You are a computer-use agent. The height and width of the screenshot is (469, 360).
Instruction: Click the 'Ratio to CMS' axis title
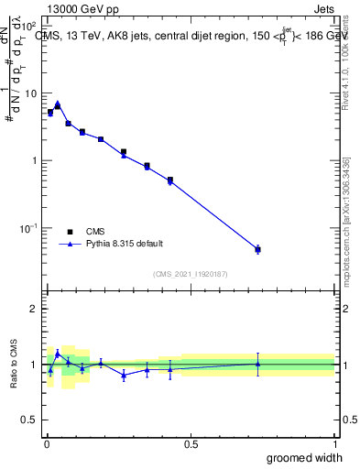tap(14, 364)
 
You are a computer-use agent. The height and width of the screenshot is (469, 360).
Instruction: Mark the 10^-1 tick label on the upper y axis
tap(27, 227)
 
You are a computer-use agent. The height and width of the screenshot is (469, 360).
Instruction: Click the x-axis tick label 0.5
tap(191, 443)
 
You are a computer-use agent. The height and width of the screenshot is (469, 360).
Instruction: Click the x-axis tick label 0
tap(46, 443)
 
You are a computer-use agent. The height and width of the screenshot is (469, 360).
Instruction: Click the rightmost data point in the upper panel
tap(257, 249)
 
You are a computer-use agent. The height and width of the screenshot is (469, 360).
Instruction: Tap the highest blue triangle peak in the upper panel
tap(58, 104)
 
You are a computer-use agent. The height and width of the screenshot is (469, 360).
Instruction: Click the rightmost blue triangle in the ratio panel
tap(257, 364)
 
